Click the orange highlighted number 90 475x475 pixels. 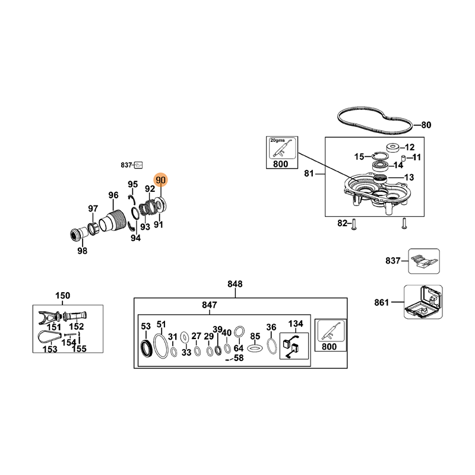160,180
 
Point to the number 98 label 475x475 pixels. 82,251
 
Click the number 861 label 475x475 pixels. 382,302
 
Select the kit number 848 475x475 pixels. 235,284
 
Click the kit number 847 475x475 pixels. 210,305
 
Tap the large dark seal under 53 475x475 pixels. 145,348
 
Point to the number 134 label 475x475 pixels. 296,324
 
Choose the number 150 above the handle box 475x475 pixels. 62,296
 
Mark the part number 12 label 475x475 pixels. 410,147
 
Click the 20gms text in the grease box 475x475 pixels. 277,140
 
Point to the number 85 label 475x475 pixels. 255,335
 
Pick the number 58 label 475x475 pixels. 239,358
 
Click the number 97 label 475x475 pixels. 93,208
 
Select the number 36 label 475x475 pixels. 271,327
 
